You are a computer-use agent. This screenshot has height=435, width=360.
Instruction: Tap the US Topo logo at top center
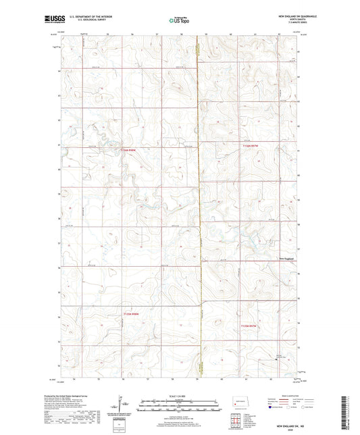click(180, 20)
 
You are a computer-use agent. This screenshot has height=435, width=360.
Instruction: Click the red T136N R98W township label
click(132, 150)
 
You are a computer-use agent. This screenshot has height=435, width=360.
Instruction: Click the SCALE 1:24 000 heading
click(180, 396)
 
